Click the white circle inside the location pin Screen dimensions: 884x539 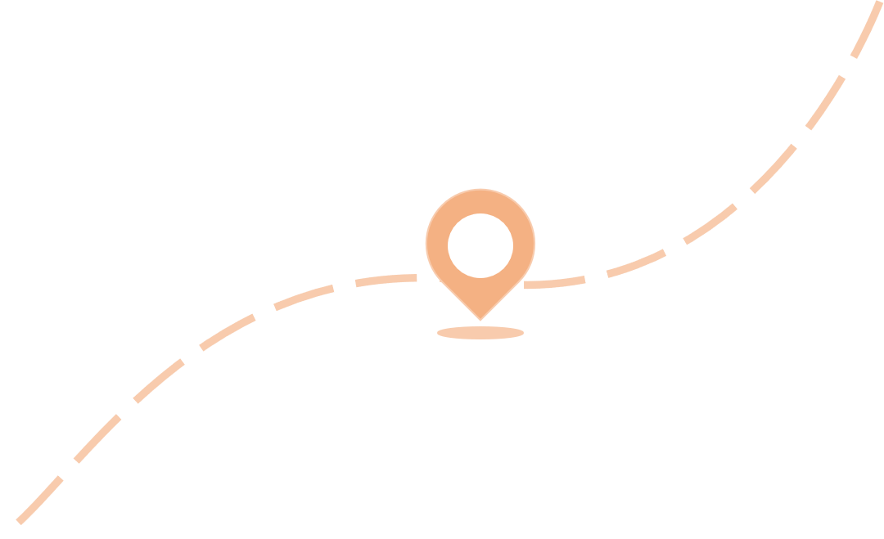[480, 245]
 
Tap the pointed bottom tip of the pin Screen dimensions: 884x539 [480, 318]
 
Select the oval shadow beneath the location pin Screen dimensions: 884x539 [480, 333]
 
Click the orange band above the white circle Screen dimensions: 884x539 [480, 201]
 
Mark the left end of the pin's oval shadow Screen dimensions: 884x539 [440, 333]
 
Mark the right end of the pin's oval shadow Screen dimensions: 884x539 [521, 333]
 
